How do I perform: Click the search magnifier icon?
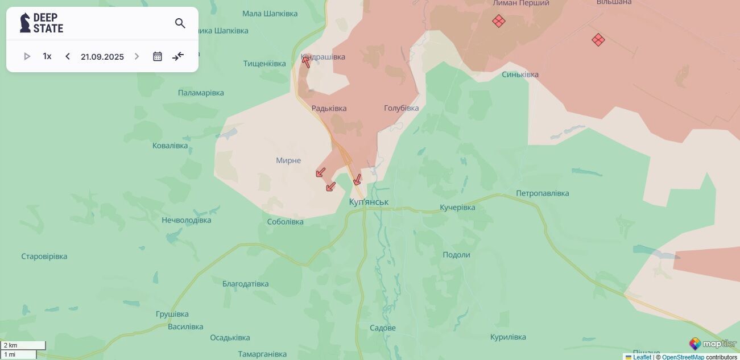click(x=180, y=23)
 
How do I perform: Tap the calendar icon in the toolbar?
click(x=158, y=56)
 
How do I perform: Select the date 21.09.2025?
click(x=102, y=57)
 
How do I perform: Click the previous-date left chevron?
click(x=68, y=56)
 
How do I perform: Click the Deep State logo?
click(x=42, y=23)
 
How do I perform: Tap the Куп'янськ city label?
click(x=369, y=202)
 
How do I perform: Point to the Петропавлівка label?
click(x=542, y=193)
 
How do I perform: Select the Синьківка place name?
click(x=520, y=75)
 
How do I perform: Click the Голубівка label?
click(x=401, y=108)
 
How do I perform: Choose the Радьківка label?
click(x=329, y=108)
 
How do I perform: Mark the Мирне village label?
click(x=288, y=160)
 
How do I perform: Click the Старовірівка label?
click(x=44, y=256)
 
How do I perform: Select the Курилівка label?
click(x=508, y=337)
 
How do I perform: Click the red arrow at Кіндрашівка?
click(x=306, y=61)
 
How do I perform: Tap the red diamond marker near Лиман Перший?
click(x=499, y=21)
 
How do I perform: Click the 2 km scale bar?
click(x=23, y=345)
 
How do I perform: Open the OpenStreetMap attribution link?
click(x=683, y=357)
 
